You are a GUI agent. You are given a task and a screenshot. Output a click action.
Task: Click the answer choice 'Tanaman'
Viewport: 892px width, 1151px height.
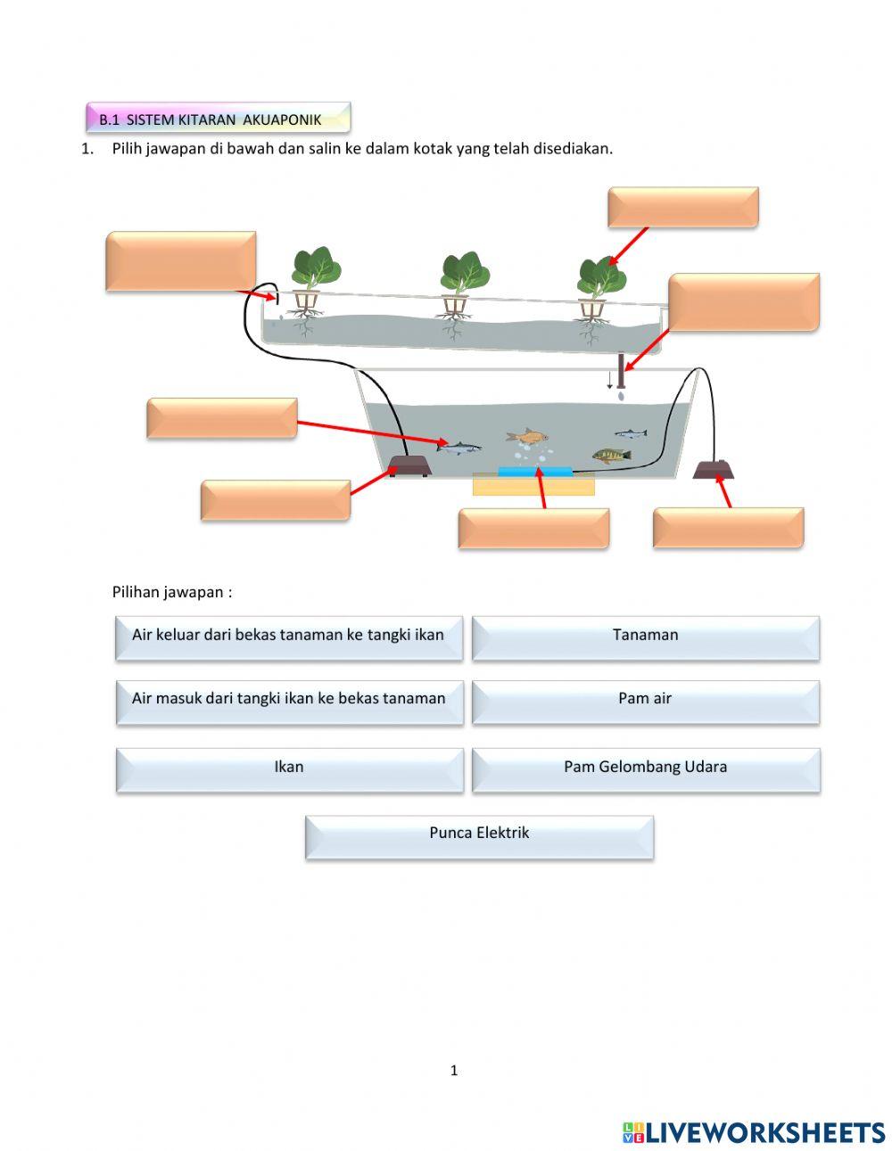[x=645, y=637]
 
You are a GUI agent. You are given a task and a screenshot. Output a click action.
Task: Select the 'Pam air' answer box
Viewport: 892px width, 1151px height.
[x=645, y=700]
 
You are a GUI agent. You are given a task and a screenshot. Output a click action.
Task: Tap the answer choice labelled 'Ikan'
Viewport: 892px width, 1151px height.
[x=289, y=768]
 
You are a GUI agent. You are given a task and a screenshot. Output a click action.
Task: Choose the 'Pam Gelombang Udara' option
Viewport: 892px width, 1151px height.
[x=645, y=768]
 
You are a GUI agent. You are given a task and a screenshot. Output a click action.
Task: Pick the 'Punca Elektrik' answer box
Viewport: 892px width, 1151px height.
[x=479, y=834]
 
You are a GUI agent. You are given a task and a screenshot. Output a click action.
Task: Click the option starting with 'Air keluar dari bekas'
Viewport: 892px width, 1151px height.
[x=288, y=637]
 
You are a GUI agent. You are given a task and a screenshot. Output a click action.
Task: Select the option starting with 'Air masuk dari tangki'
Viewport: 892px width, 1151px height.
[x=289, y=700]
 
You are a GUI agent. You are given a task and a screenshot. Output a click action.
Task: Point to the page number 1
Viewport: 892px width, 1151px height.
[x=454, y=1071]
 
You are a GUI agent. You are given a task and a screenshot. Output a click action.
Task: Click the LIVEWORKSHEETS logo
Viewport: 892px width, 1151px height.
[x=754, y=1132]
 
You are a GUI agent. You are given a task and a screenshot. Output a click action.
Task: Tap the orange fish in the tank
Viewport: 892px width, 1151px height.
[x=527, y=436]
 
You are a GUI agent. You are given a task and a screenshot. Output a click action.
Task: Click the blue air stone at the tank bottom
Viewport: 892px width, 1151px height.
[x=535, y=471]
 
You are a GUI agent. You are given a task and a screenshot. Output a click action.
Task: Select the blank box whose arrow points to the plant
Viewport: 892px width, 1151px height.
[x=682, y=207]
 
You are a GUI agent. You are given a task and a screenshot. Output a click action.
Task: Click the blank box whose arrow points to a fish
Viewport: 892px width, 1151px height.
[x=221, y=418]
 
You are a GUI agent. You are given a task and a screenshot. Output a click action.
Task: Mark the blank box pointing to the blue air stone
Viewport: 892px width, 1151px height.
[x=533, y=529]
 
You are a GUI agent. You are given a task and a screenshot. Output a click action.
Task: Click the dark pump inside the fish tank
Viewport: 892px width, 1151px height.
[x=410, y=465]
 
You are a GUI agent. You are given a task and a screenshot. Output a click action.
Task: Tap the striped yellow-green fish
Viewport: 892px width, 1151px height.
[x=611, y=456]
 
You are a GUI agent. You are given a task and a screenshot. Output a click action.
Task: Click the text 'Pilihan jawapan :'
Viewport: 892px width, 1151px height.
[x=172, y=592]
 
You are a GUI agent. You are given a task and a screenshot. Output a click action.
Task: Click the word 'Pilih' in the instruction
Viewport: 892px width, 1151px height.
[x=128, y=149]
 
